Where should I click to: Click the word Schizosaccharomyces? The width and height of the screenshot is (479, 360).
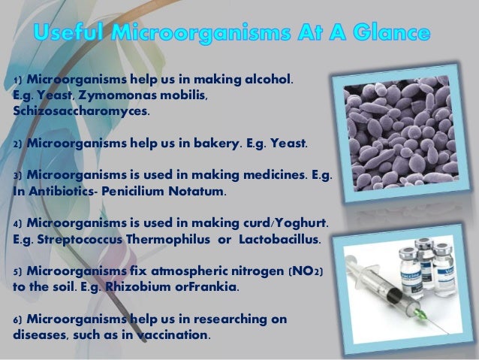click(x=81, y=112)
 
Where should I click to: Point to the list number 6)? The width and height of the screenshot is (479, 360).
click(x=20, y=319)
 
